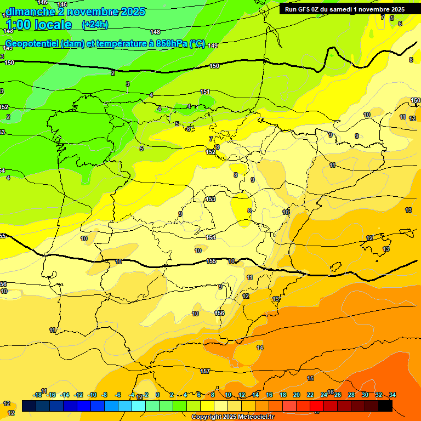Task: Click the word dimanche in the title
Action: coord(30,12)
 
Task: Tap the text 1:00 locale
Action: coord(38,25)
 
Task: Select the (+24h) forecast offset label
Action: coord(95,25)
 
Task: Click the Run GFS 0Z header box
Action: coord(344,9)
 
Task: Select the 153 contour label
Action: coord(210,200)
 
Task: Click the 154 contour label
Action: coord(210,237)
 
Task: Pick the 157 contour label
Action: coord(205,371)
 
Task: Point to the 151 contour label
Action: coord(205,92)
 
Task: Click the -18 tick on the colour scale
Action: coord(37,395)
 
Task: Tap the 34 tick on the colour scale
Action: coord(392,395)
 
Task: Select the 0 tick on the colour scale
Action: coord(158,395)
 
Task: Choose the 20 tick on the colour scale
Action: coord(297,395)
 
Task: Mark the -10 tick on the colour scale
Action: coord(92,395)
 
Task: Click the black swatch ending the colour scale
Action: coord(385,406)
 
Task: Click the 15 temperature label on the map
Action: coord(310,379)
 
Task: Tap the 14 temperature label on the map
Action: coord(260,348)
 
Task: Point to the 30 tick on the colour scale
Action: coord(365,395)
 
